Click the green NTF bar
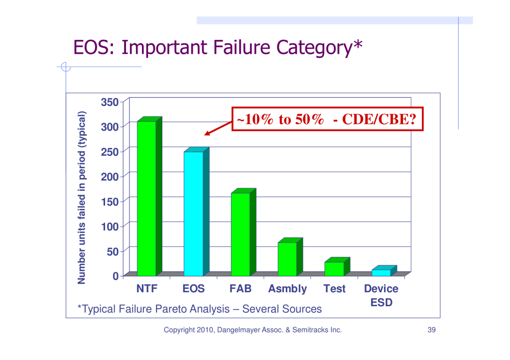coord(149,196)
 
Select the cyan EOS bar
coord(196,212)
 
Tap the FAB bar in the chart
coord(243,232)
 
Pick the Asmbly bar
coord(290,257)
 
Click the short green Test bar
coord(337,267)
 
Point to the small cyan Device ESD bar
coord(384,271)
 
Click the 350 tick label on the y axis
coord(110,102)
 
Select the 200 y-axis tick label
coord(110,177)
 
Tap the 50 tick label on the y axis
coord(113,252)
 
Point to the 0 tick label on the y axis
coord(116,276)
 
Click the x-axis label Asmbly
coord(287,289)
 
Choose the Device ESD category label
coord(381,295)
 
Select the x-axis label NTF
coord(147,288)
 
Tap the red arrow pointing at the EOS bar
coord(218,128)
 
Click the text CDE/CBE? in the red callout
coord(379,120)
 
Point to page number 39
coord(432,330)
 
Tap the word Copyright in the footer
coord(179,330)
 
